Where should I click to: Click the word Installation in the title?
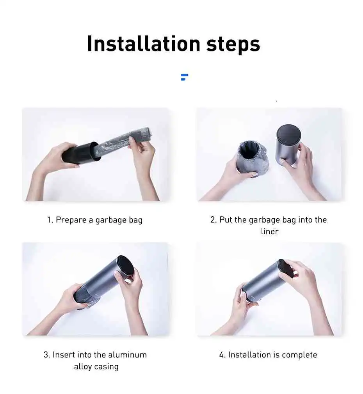click(x=144, y=44)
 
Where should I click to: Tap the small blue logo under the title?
click(x=185, y=77)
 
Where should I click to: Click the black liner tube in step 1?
click(x=80, y=153)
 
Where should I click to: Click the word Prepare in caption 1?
click(x=71, y=220)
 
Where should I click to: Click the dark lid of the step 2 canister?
click(x=289, y=134)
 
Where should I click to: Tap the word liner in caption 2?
click(x=270, y=231)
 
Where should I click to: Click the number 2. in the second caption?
click(x=214, y=220)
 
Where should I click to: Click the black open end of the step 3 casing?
click(x=125, y=267)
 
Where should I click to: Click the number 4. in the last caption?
click(x=222, y=355)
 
